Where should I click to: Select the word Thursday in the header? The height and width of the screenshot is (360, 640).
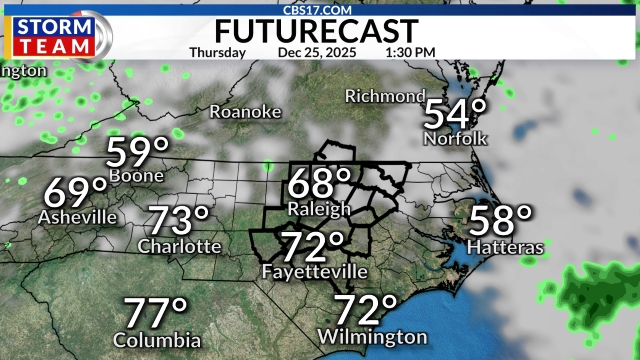(217, 52)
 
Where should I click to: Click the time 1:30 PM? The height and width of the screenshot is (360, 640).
(408, 52)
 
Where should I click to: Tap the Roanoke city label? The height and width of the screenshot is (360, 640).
(245, 112)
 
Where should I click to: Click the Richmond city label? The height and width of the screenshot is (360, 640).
(385, 96)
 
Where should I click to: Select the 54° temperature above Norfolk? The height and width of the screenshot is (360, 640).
(456, 113)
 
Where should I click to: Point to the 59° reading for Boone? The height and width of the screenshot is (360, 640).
(139, 152)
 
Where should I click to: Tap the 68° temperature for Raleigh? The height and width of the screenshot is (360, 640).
(320, 184)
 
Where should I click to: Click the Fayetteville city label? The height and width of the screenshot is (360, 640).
(314, 272)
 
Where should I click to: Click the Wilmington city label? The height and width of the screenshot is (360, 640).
(372, 336)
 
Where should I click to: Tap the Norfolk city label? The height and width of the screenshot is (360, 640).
(455, 137)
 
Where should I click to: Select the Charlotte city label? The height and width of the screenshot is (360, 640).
(179, 245)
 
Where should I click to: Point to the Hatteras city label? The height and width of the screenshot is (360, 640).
(504, 246)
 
